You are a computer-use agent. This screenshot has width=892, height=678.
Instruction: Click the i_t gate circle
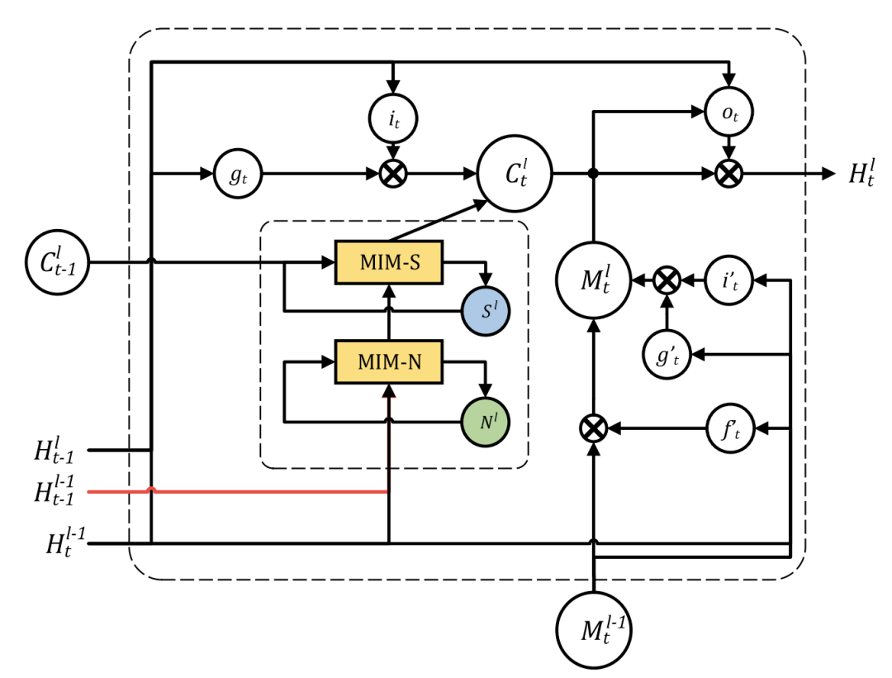pos(394,117)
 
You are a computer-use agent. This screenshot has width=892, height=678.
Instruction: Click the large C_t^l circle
pos(515,174)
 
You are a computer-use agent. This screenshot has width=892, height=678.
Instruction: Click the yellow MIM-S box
pos(389,262)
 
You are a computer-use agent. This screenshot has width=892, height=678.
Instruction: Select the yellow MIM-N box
pos(389,360)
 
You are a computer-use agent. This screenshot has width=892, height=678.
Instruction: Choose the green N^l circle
pos(486,423)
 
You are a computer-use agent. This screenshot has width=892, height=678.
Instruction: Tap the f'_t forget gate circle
pos(731,427)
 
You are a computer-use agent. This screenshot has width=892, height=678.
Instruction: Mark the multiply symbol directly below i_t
pos(394,174)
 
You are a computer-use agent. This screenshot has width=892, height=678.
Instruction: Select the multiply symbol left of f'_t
pos(593,427)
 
